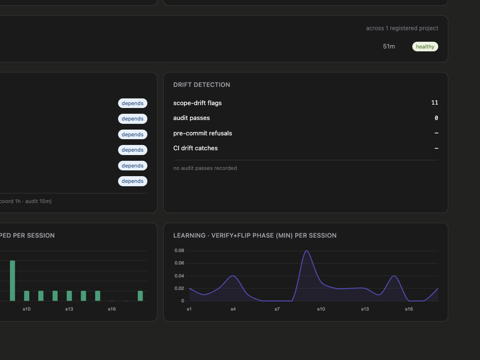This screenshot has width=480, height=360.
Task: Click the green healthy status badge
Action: tap(425, 47)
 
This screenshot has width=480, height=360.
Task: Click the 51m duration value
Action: tap(389, 47)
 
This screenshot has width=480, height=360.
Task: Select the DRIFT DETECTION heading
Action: tap(202, 85)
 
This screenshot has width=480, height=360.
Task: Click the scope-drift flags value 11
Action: tap(435, 103)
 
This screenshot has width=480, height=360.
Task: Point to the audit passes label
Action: tap(192, 118)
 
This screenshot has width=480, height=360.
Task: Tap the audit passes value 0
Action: tap(436, 118)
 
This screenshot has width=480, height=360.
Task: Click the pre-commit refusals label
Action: tap(203, 133)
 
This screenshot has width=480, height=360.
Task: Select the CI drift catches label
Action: tap(196, 148)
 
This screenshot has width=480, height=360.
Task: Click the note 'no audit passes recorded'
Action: tap(205, 168)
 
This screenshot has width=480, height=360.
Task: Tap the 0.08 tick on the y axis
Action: tap(180, 251)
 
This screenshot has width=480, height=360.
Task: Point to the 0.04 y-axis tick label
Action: tap(180, 276)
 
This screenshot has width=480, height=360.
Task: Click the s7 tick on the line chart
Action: tap(277, 309)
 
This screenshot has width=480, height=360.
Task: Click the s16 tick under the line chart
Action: tap(408, 309)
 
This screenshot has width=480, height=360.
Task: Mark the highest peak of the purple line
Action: tap(307, 251)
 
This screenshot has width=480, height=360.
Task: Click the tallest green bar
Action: tap(12, 281)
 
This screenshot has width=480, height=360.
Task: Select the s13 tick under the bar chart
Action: tap(69, 309)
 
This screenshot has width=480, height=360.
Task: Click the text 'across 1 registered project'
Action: tap(402, 28)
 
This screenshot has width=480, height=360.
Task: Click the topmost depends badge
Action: tap(132, 103)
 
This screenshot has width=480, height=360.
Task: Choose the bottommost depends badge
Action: tap(132, 181)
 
